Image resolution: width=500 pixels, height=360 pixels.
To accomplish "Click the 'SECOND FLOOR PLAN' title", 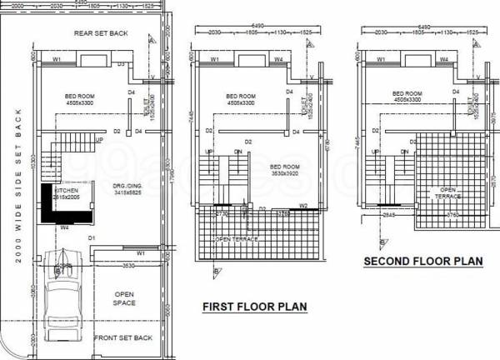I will point(423,262).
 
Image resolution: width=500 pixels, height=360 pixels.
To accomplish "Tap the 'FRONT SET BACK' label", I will point(122,337).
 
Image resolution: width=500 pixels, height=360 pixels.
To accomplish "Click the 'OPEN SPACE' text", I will point(124,298).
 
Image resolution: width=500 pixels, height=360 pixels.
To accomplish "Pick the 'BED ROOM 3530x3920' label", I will point(286,170).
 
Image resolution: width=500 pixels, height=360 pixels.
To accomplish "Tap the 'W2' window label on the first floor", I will point(304,205).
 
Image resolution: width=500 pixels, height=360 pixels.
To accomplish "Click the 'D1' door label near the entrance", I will point(93,238).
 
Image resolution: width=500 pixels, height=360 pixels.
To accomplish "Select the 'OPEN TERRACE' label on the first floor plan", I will point(236,239).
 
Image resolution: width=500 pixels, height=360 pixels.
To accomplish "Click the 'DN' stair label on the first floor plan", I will point(238,152).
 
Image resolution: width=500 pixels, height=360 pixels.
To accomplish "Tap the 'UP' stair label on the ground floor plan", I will point(100,140).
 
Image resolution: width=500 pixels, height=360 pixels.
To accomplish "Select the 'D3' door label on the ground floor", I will point(120,64).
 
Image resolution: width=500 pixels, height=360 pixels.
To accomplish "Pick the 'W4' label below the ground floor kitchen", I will point(63,227).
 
